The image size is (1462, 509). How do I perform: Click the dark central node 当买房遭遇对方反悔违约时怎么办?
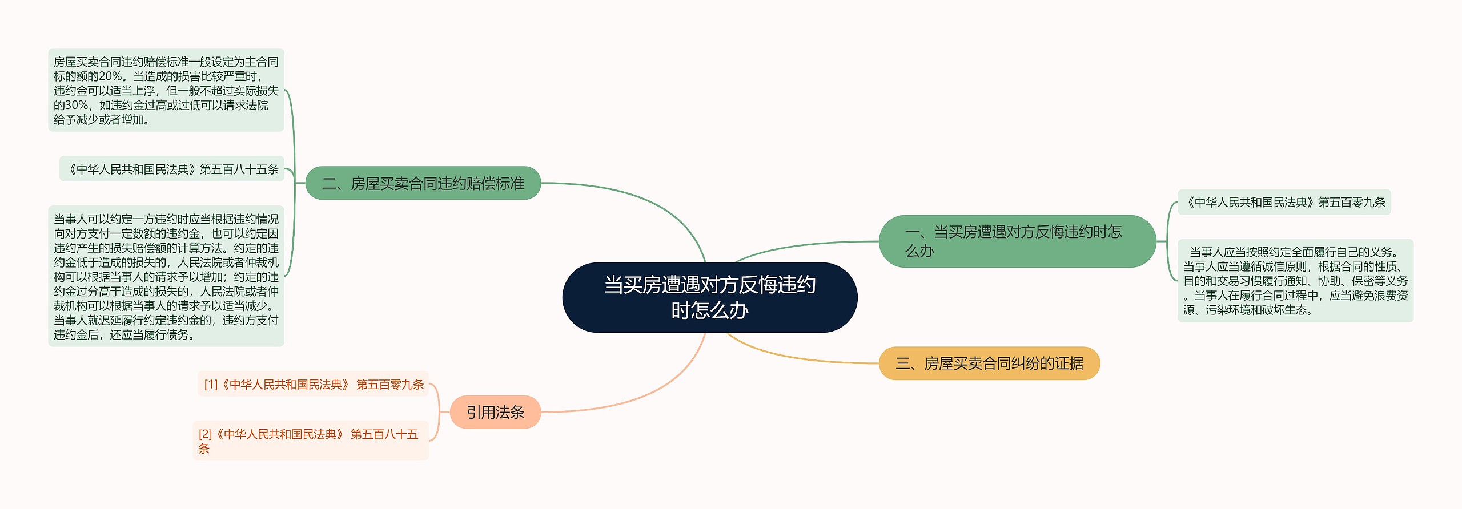click(x=709, y=297)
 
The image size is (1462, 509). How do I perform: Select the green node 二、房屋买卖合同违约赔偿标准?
click(x=423, y=183)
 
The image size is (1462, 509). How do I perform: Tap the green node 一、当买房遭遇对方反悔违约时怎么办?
click(x=1017, y=241)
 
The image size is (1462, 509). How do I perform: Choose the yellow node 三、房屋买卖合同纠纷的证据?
click(x=989, y=363)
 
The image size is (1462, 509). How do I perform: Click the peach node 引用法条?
click(x=495, y=412)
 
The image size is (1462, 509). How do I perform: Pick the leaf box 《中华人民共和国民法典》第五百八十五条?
click(x=172, y=169)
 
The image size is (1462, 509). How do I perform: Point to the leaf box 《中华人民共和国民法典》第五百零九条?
click(x=1284, y=202)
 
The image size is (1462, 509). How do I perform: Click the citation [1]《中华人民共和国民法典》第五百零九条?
click(x=314, y=385)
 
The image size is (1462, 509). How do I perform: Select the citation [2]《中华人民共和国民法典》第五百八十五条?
click(x=310, y=441)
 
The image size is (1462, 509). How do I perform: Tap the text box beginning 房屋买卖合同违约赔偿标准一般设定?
click(x=166, y=90)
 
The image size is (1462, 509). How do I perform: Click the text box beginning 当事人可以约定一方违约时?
click(x=166, y=276)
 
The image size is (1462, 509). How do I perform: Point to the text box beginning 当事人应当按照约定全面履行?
click(x=1295, y=281)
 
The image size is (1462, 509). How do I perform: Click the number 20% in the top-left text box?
click(x=110, y=76)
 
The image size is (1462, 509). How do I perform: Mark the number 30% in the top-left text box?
click(x=76, y=106)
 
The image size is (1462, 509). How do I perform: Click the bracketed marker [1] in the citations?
click(x=211, y=385)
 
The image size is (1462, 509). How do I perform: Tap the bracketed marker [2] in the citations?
click(x=205, y=434)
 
